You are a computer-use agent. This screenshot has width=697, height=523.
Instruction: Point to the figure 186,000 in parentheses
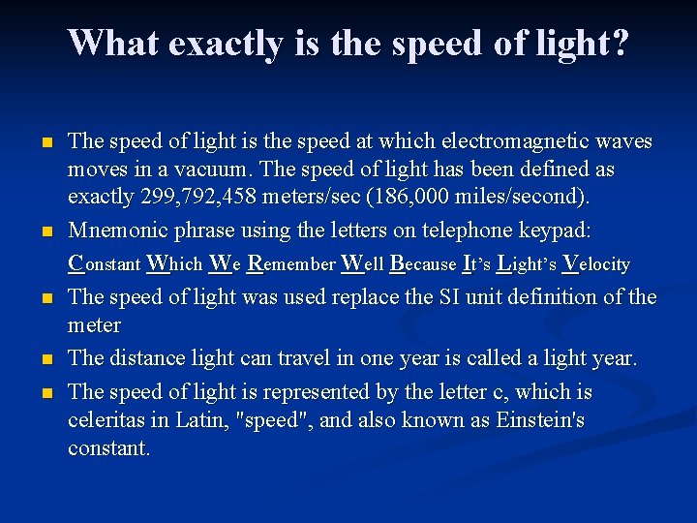(441, 198)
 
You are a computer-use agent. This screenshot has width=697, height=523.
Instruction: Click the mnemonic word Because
(422, 263)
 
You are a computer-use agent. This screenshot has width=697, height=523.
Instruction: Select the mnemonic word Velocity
(596, 263)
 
